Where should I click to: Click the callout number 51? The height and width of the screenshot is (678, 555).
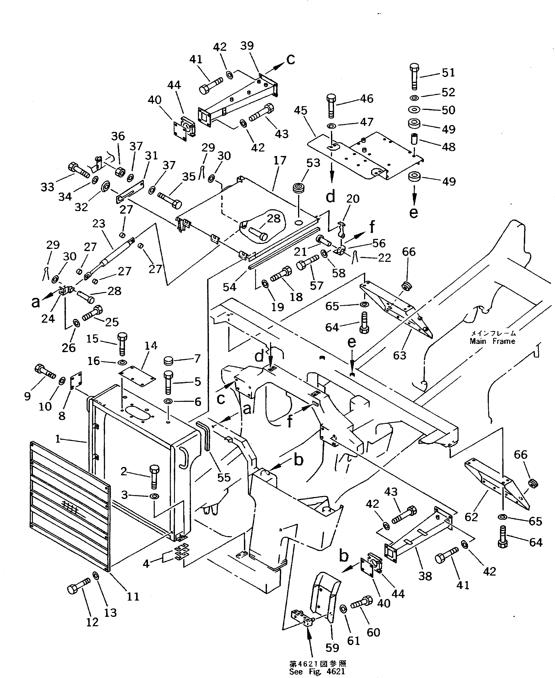tap(448, 73)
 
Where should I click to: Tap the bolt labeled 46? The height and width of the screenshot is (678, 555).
tap(331, 106)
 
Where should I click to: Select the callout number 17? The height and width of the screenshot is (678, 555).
tap(280, 160)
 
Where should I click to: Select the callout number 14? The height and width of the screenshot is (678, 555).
tap(151, 346)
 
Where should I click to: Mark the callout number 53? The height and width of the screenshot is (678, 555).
tap(313, 163)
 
